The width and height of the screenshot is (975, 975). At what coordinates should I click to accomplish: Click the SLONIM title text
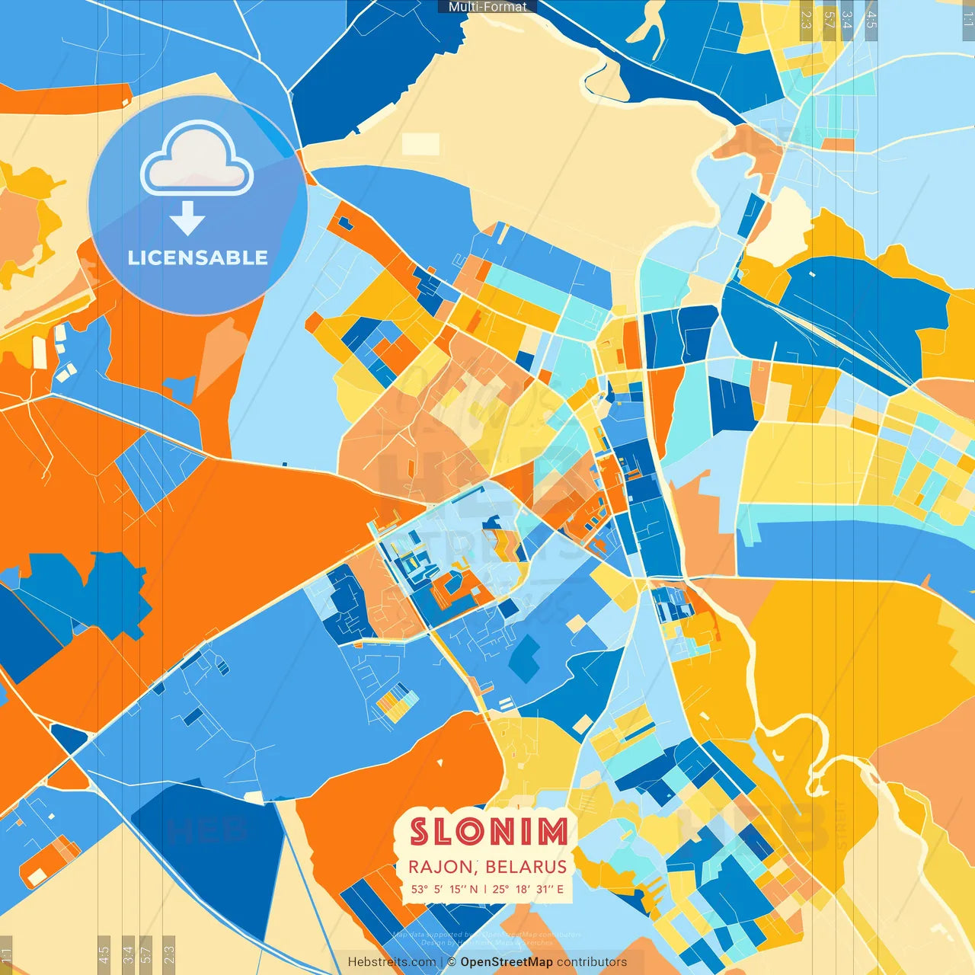click(x=488, y=832)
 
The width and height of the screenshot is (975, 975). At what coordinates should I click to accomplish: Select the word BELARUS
click(x=526, y=868)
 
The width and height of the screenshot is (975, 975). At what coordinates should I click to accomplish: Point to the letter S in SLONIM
click(x=420, y=832)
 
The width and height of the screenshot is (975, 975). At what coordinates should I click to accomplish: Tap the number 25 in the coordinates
click(x=500, y=889)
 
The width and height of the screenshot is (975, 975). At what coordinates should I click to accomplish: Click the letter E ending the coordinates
click(x=560, y=889)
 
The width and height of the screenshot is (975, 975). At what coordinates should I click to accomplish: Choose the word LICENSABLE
click(x=197, y=258)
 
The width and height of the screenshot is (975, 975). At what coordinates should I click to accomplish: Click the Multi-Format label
click(x=487, y=7)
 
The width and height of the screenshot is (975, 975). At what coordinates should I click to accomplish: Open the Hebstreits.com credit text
click(x=392, y=962)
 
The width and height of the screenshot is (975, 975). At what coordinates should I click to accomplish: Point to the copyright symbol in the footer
click(x=451, y=962)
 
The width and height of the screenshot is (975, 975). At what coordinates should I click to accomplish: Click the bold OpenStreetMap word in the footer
click(x=506, y=962)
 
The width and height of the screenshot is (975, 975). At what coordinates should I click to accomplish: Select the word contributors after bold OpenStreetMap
click(x=592, y=962)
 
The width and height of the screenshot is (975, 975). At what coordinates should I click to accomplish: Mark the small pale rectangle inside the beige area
click(x=420, y=144)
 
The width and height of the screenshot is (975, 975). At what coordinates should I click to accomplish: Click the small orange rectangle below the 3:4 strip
click(x=838, y=144)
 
